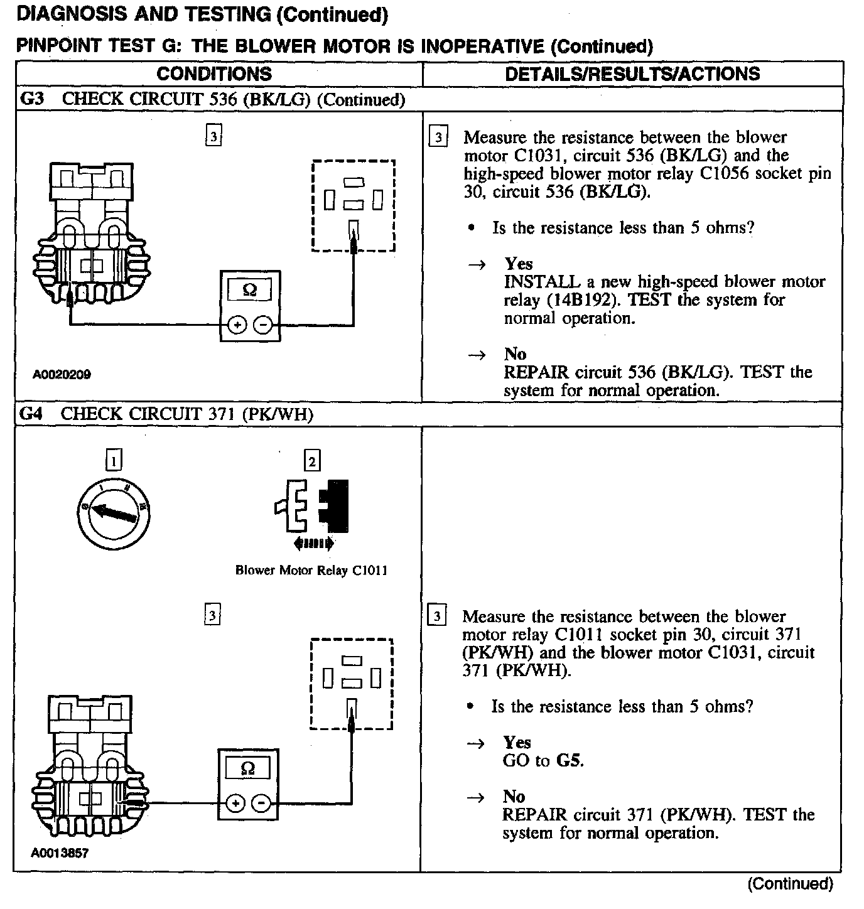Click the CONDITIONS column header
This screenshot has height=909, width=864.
coord(214,74)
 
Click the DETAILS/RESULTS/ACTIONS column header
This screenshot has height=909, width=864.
coord(632,74)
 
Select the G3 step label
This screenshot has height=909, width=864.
coord(31,99)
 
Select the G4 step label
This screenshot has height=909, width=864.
coord(31,414)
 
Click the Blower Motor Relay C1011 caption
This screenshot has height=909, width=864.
coord(311,571)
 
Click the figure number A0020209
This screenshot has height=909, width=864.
coord(62,375)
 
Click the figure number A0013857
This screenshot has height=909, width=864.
coord(60,853)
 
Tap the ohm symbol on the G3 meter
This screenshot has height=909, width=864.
coord(249,291)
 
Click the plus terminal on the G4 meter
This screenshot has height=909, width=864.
coord(235,804)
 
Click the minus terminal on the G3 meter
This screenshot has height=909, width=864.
coord(264,325)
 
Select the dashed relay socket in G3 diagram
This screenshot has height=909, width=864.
coord(354,206)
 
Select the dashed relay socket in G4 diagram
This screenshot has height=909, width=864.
coord(352,684)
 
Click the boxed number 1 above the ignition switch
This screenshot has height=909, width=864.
coord(114,461)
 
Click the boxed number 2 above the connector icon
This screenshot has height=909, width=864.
coord(311,461)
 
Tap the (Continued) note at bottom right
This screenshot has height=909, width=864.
coord(790,884)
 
